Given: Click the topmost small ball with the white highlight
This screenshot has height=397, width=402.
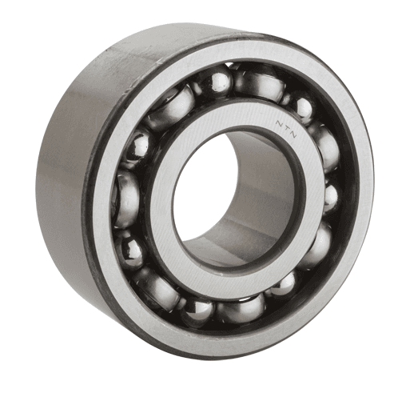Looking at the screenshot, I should tap(217, 81).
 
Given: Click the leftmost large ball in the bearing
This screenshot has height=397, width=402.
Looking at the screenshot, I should tap(127, 196).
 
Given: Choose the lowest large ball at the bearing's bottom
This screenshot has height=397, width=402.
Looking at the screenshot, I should tap(240, 307).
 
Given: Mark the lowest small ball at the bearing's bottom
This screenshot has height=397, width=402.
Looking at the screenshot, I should tap(196, 309).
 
